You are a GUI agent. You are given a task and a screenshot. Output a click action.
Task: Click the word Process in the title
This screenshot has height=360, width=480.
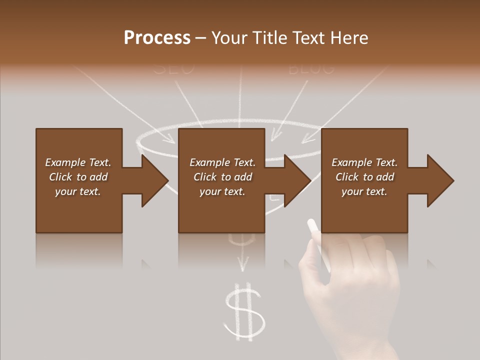[157, 37]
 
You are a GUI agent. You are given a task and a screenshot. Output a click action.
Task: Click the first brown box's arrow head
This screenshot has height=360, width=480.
[154, 180]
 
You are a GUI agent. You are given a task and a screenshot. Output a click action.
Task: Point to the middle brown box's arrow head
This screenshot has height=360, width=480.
[297, 180]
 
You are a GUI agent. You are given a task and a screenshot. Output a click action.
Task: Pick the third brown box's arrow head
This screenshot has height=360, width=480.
[440, 180]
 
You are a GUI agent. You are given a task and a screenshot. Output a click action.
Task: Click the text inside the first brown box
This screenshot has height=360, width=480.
[78, 177]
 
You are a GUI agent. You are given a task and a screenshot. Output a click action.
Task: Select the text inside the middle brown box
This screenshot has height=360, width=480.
[222, 177]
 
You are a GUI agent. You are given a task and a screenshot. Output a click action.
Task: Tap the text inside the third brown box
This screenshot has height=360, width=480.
[364, 177]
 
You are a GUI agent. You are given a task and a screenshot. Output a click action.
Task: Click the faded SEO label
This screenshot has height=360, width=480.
[173, 68]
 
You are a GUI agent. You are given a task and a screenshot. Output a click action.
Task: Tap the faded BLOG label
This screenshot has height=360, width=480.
[311, 68]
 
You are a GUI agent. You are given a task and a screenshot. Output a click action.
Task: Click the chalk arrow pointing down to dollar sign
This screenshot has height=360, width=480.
[243, 260]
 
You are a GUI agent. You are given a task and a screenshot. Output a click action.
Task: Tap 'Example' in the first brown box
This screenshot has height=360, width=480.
[65, 162]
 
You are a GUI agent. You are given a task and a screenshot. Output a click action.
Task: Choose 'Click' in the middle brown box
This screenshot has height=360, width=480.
[205, 177]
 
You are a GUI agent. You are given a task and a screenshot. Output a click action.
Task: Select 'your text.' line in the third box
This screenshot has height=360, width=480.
[364, 191]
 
